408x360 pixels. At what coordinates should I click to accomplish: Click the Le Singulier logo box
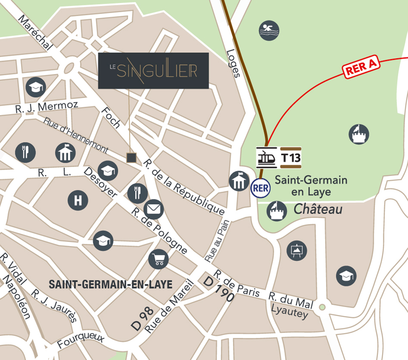(153, 71)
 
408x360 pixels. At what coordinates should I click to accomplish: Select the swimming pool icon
(269, 30)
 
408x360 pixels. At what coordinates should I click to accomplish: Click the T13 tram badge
(291, 158)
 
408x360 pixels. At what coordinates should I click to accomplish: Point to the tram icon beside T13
(267, 158)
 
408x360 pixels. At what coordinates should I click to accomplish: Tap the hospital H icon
(78, 200)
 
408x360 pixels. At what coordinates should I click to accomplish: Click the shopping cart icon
(159, 259)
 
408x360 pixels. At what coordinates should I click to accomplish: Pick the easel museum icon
(297, 250)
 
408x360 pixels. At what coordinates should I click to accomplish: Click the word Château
(318, 209)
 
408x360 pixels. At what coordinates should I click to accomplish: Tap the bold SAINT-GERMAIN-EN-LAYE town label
(111, 284)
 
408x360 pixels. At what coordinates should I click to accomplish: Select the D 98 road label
(142, 319)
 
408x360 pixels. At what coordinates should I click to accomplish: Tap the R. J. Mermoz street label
(47, 107)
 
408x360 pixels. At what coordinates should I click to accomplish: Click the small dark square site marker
(131, 158)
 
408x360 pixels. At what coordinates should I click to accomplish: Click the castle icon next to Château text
(277, 211)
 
